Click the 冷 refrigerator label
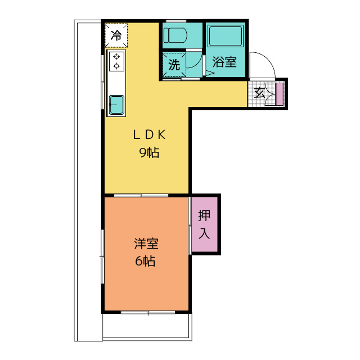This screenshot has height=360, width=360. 116,35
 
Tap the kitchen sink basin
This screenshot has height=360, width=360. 116,104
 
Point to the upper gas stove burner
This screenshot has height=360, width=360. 116,57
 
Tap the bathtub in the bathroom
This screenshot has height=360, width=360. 224,38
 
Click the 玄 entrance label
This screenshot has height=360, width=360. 260,93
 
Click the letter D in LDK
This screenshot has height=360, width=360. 149,135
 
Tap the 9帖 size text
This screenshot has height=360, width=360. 148,152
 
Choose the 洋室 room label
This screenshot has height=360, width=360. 146,244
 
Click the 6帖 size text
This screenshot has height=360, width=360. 146,261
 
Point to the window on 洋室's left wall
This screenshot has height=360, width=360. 102,256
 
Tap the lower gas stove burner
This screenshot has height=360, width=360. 116,66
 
